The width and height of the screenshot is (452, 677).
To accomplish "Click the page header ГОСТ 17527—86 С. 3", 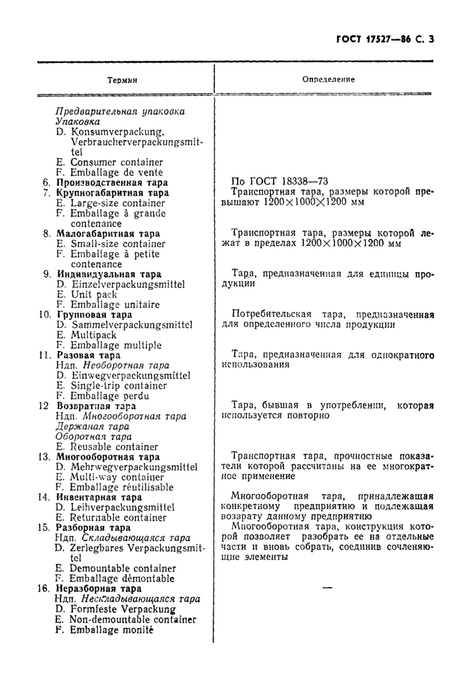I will pos(385,39).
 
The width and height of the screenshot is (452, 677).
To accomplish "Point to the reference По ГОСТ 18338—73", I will pos(280,182).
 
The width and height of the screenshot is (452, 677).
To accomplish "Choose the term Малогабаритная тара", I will pos(108,234).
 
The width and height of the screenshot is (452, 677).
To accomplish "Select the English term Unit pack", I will pos(93,294).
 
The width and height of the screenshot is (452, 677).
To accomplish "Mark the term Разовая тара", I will pos(88,355).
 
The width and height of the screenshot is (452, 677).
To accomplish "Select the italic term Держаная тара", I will pos(92,427).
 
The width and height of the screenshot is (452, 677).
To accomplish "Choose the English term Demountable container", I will pos(122,568).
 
